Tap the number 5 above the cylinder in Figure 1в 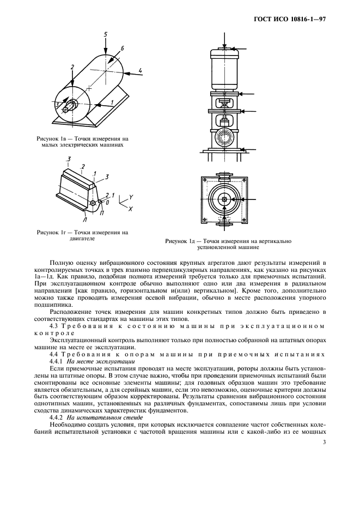(x=105, y=34)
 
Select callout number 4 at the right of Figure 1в (x=141, y=70)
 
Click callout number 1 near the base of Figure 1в (x=112, y=102)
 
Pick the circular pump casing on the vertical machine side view (x=225, y=134)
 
